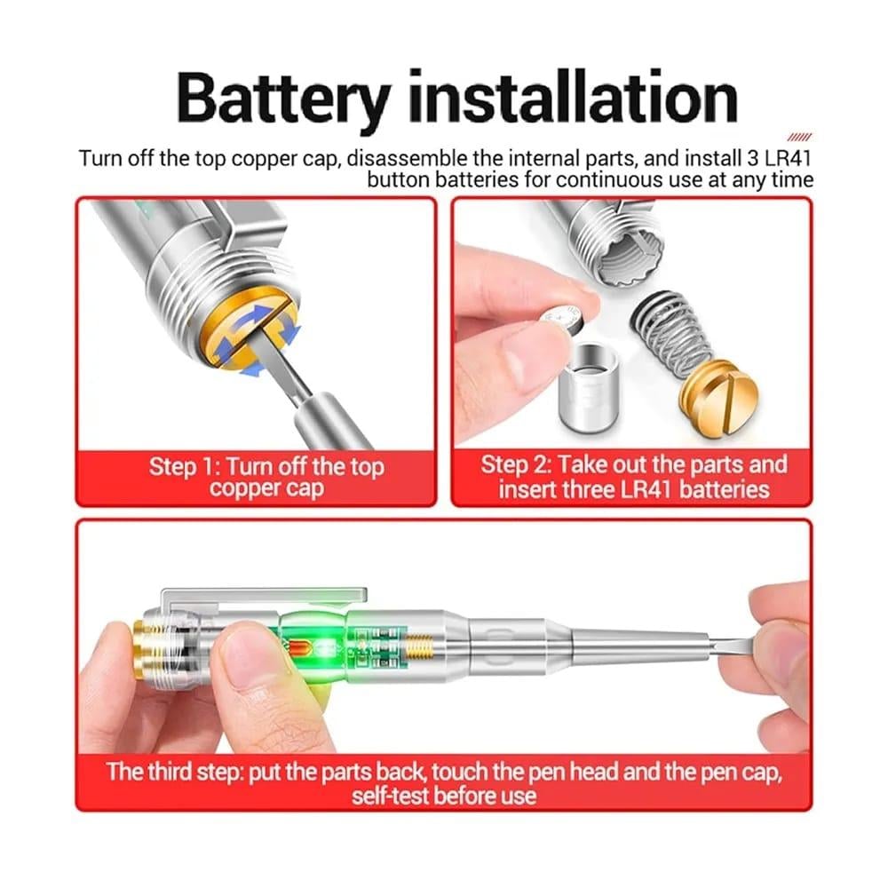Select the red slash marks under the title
(799, 137)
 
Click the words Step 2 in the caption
(515, 465)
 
